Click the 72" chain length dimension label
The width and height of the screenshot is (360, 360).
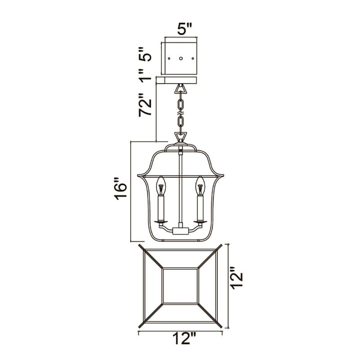click(x=145, y=105)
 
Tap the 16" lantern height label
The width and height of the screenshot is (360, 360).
click(x=121, y=188)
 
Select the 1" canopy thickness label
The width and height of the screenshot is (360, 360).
click(x=145, y=76)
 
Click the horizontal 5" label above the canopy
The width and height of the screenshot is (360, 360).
click(x=184, y=29)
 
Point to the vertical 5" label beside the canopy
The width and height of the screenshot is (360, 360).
click(x=145, y=54)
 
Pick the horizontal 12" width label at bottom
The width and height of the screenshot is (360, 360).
click(x=184, y=338)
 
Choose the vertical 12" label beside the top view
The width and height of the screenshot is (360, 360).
click(x=237, y=278)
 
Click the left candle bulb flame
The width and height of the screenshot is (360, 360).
click(x=161, y=185)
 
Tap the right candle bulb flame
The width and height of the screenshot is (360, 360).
click(x=200, y=185)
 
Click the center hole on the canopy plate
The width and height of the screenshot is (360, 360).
click(x=181, y=58)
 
